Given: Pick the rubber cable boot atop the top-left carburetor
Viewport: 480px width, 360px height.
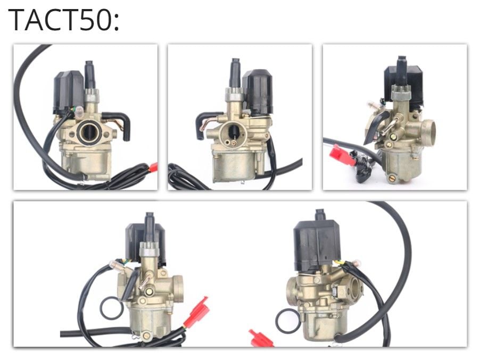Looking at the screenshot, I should coord(89,74).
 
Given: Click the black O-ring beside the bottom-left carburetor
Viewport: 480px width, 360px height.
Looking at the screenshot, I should coord(111,308).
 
